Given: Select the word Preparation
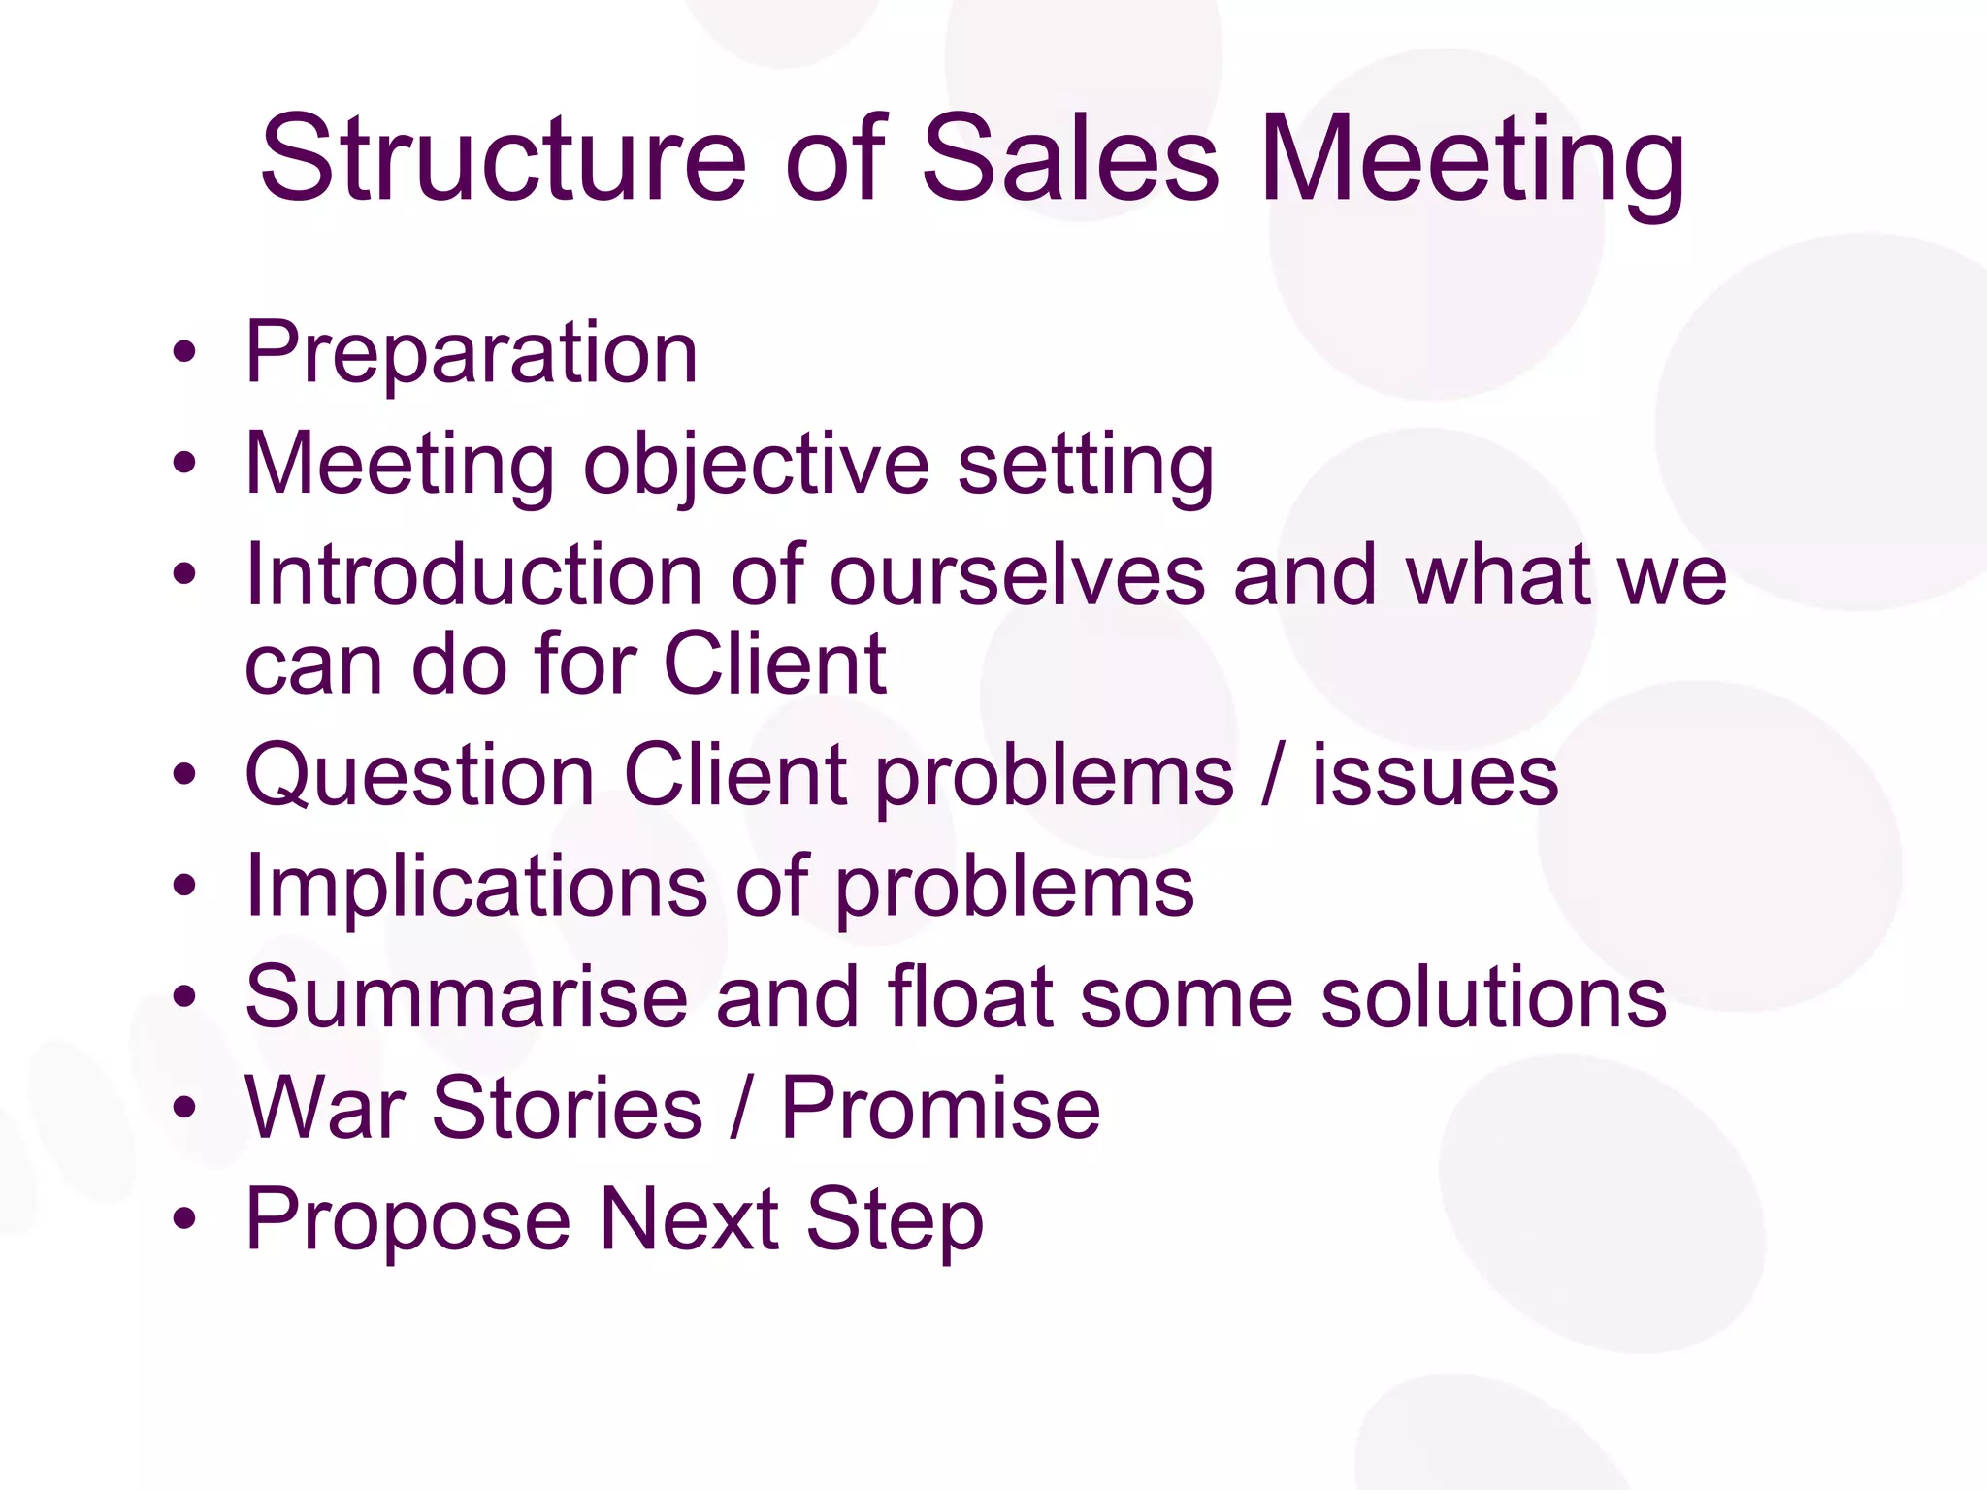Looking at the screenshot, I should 472,353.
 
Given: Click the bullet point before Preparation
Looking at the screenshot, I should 184,353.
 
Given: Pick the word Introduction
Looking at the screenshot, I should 473,575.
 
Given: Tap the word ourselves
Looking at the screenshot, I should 1017,575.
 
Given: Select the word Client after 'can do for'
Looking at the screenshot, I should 774,664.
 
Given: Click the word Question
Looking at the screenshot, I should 419,775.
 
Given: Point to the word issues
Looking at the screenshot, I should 1435,775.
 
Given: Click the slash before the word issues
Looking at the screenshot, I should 1272,775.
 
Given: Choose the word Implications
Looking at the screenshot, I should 476,886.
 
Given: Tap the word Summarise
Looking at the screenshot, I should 467,997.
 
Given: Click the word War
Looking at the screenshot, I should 325,1108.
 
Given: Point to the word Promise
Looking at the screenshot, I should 940,1108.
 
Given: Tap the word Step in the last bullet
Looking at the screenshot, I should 895,1220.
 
